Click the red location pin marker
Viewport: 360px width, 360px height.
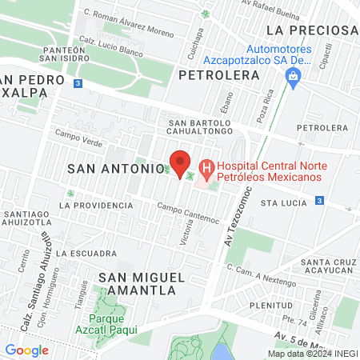181,163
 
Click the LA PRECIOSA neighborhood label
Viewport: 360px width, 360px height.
312,30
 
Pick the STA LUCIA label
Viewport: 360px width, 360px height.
284,204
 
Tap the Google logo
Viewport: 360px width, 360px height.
26,350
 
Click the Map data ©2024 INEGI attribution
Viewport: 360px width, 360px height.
312,354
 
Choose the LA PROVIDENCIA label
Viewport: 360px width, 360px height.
102,205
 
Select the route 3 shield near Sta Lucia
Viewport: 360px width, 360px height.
319,200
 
